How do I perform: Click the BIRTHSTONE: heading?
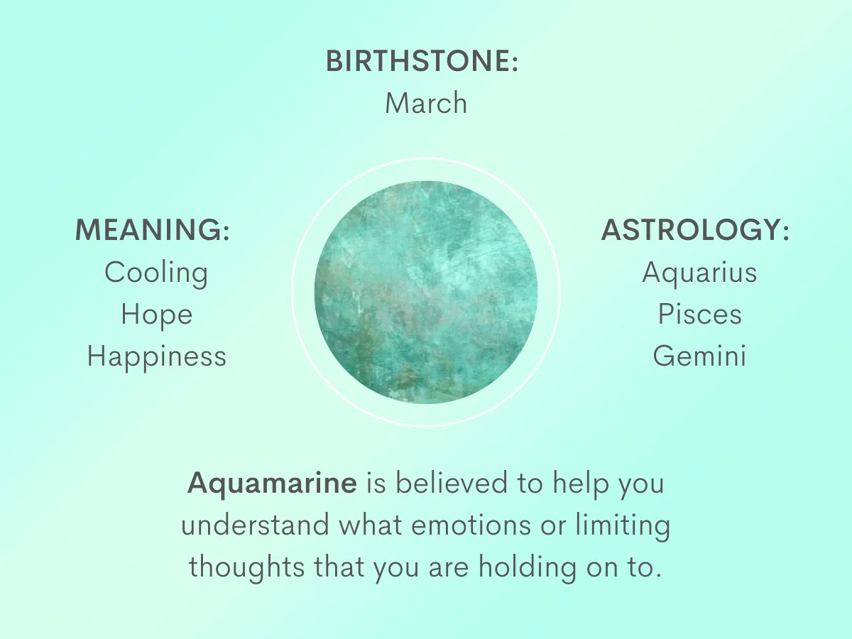click(422, 61)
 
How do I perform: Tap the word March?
click(426, 103)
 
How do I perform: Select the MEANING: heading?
click(152, 229)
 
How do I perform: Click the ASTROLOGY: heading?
click(695, 229)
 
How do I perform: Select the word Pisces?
click(700, 314)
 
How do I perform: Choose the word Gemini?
click(699, 356)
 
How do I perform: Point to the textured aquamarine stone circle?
click(426, 292)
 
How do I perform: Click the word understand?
click(255, 525)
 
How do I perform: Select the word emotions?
click(471, 525)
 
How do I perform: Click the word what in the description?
click(371, 525)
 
